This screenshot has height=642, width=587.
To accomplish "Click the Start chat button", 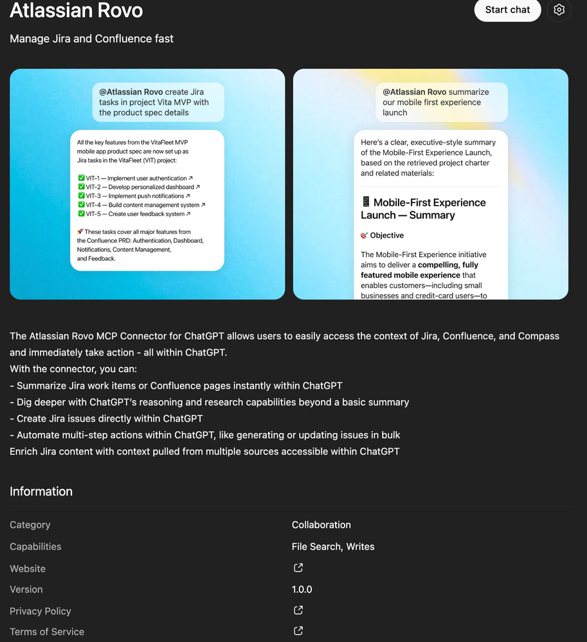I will (x=507, y=10).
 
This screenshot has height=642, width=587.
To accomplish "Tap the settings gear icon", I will (x=559, y=10).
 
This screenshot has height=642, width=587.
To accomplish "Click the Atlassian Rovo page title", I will (x=77, y=10).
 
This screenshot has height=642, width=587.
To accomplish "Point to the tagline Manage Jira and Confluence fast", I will (x=91, y=39).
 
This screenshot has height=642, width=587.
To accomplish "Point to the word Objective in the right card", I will (x=387, y=235).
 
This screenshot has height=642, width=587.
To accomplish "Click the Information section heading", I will (x=41, y=492).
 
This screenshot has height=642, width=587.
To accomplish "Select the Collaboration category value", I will (x=321, y=525).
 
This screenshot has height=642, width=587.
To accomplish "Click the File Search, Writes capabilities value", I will (x=333, y=547).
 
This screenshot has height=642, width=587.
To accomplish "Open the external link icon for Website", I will (x=298, y=568).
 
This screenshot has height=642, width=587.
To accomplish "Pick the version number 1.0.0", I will (x=302, y=589).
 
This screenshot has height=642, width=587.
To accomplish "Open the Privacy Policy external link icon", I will (x=298, y=611).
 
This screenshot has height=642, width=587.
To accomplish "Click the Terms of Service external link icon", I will (x=298, y=631).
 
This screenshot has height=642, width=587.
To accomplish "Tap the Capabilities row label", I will (x=35, y=547).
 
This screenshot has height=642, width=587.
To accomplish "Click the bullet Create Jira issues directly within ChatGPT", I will (x=106, y=418).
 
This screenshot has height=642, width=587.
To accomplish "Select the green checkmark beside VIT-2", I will (x=81, y=187).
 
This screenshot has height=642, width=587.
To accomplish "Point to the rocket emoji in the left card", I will (x=80, y=232).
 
